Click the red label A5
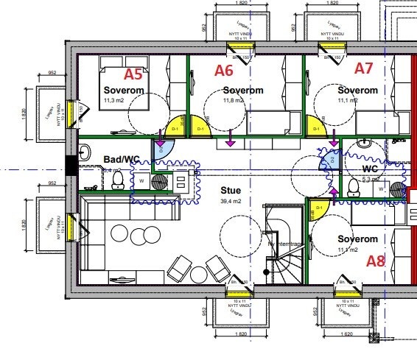click(x=133, y=74)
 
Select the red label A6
click(x=224, y=71)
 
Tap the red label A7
click(x=364, y=68)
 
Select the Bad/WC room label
click(x=121, y=159)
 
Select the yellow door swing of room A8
click(x=317, y=210)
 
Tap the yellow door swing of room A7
click(x=315, y=126)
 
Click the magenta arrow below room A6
click(x=231, y=138)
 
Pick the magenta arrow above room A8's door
click(x=333, y=193)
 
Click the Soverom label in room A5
click(x=124, y=91)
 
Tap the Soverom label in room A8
click(x=357, y=239)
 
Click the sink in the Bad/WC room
click(x=83, y=153)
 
